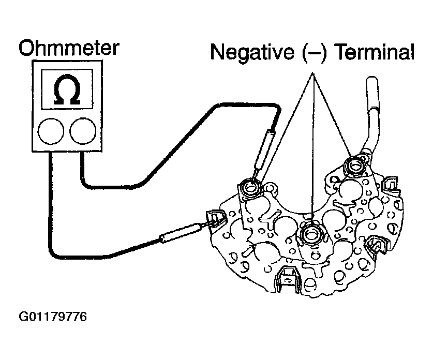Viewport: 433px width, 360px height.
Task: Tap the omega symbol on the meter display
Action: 66,91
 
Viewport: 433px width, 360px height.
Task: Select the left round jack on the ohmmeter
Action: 50,131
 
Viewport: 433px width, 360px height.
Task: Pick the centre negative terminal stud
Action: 311,234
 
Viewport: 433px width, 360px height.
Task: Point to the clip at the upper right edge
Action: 392,184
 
